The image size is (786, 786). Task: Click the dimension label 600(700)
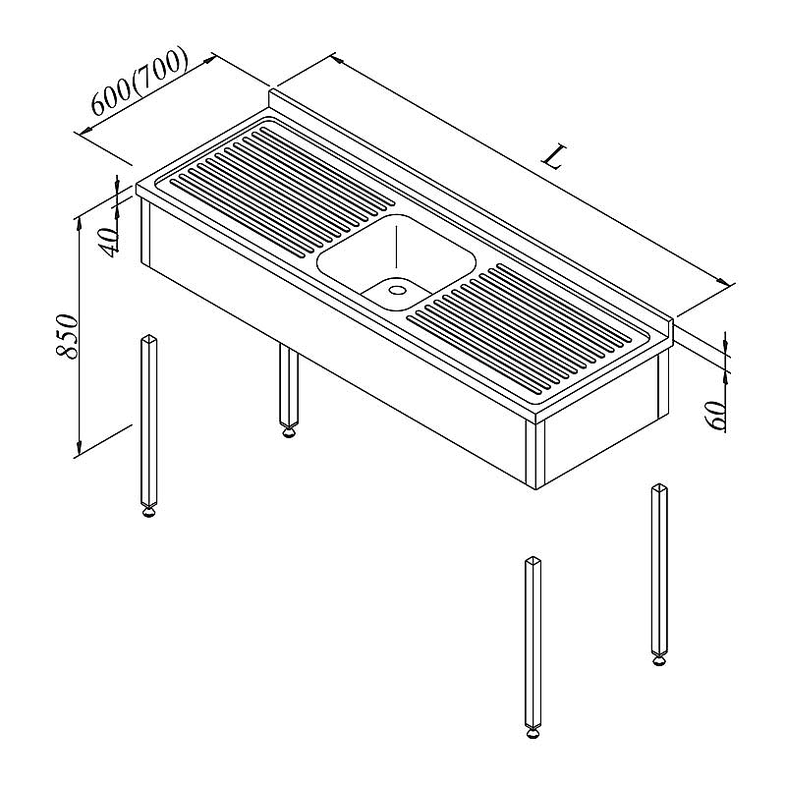click(140, 83)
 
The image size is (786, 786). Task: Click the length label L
click(554, 156)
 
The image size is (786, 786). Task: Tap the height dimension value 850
click(68, 336)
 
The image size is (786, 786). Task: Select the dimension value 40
click(109, 241)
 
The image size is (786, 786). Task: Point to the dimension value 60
click(717, 415)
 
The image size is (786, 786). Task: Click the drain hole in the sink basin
click(398, 290)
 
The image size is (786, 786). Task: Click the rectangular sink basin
click(396, 261)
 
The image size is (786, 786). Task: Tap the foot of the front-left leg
click(148, 511)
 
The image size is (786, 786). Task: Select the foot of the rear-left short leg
click(288, 431)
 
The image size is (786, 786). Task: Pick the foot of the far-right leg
click(659, 660)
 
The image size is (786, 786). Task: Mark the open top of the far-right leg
click(659, 487)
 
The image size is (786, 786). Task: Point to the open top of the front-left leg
click(148, 338)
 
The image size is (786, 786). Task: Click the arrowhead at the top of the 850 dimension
click(79, 224)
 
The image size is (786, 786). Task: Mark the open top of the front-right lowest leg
click(533, 560)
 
